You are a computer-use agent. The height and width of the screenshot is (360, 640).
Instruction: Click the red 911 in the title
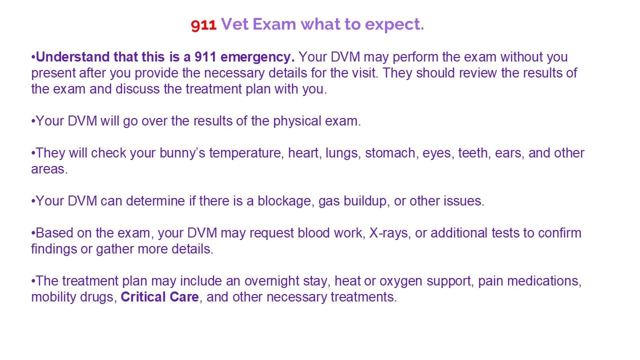203,25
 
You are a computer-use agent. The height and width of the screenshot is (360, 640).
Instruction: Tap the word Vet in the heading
234,24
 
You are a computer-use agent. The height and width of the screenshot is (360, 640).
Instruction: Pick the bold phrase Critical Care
160,297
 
